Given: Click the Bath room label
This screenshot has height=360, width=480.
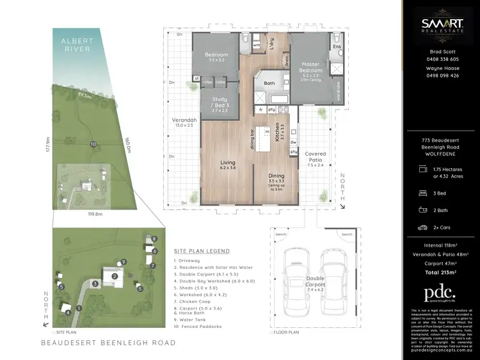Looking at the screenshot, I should pyautogui.click(x=269, y=83).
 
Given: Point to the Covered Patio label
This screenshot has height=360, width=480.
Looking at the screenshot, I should pyautogui.click(x=316, y=157).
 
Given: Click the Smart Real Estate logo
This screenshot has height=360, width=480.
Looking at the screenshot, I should pyautogui.click(x=441, y=26).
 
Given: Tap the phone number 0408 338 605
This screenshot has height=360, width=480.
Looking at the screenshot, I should pyautogui.click(x=442, y=58).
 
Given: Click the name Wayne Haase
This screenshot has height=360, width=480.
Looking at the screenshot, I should pyautogui.click(x=442, y=68).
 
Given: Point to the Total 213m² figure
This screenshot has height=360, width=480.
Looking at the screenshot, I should pyautogui.click(x=442, y=272).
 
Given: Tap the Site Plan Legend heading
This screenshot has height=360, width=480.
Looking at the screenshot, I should pyautogui.click(x=202, y=251).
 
